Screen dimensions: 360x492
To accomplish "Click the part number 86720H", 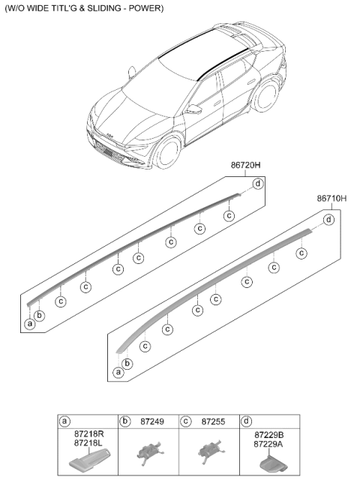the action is coord(245,165).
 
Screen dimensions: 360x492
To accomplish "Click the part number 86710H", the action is coord(331,198).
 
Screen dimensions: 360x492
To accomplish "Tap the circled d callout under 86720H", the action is coord(258,184).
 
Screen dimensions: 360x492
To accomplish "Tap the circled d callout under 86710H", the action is coord(328,220).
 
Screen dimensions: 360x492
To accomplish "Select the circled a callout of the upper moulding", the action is coord(30,323).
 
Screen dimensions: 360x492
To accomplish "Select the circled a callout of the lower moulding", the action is coord(118,373).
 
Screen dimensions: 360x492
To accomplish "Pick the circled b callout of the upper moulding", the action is coord(39,315).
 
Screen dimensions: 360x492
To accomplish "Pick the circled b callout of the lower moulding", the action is coord(127,363).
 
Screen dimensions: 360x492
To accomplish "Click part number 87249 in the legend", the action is coord(152,421).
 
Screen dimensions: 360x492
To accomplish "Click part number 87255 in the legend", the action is coord(213,421).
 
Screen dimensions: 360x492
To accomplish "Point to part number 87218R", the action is coord(88,434).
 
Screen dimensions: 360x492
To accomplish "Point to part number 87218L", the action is coord(88,443).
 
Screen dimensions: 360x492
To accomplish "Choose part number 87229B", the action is coord(269,435).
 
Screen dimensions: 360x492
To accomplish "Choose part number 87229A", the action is coord(268,444).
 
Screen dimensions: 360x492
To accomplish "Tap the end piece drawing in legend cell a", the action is coord(90,460).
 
